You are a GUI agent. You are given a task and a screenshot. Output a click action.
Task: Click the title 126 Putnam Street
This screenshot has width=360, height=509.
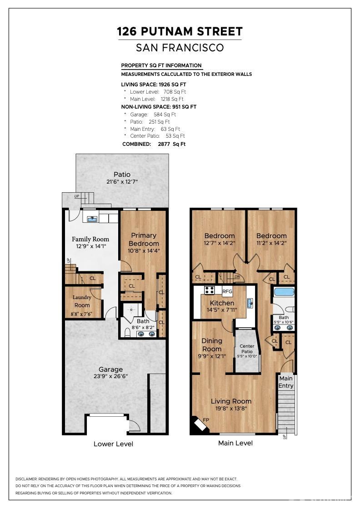[180, 31]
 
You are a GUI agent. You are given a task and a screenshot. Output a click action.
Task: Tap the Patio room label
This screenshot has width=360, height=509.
[122, 175]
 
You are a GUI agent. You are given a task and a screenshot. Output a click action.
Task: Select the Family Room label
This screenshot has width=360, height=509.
[90, 239]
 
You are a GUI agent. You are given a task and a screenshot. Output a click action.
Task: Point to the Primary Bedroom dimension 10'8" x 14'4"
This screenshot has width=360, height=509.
[144, 250]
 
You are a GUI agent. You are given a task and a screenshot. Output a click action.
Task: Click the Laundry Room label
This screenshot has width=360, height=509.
[82, 301]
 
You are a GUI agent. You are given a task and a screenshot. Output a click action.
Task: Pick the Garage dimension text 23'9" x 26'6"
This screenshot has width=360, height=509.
[111, 377]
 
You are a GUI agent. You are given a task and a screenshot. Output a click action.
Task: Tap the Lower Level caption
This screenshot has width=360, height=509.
[113, 444]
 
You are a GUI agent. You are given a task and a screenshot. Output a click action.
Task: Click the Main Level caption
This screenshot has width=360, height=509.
[235, 443]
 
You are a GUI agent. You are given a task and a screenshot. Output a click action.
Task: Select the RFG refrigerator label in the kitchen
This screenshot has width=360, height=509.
[227, 291]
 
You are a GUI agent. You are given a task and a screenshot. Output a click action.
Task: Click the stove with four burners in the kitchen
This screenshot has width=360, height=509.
[209, 290]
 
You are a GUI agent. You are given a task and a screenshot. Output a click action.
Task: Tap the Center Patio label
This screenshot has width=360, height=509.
[247, 349]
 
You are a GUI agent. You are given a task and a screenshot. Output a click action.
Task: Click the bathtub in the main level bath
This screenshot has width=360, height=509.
[284, 291]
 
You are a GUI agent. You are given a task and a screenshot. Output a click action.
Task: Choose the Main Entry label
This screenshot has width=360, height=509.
[285, 382]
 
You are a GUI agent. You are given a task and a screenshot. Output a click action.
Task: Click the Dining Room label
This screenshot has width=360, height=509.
[212, 345]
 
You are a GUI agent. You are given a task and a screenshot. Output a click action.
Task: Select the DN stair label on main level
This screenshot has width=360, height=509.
[237, 277]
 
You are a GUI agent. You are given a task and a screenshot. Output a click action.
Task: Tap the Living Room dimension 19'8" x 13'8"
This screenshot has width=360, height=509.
[231, 409]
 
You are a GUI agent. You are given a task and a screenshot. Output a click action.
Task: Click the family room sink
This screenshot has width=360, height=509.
[93, 219]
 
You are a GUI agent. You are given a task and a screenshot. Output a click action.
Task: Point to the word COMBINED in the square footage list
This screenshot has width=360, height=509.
[137, 144]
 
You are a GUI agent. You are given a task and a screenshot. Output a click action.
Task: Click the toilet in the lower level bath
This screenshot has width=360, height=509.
[128, 332]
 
